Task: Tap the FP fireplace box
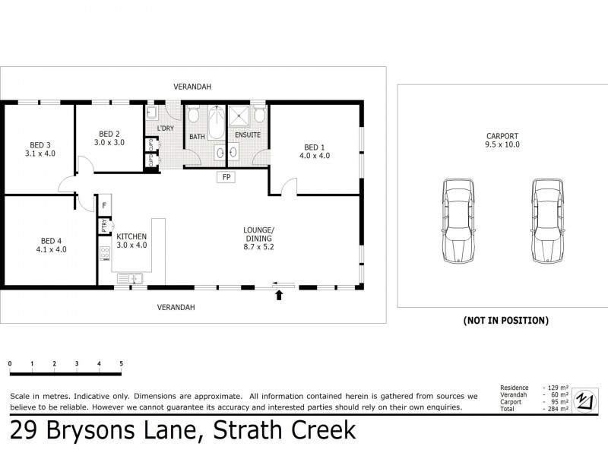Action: pos(226,178)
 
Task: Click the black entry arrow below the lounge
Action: pos(279,296)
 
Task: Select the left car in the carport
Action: pos(456,221)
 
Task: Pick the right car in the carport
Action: pos(546,221)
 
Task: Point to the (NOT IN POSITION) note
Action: pos(505,321)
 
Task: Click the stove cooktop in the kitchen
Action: pos(104,254)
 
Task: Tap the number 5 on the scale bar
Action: pos(122,364)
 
